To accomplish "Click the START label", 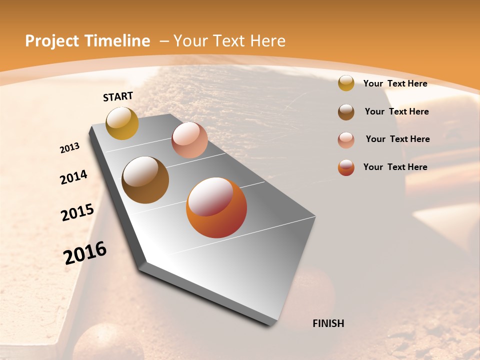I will (x=118, y=96).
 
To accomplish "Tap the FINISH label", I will (x=328, y=323).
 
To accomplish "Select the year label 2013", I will (x=70, y=148).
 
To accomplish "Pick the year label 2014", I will (x=74, y=177).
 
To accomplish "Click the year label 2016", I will (x=85, y=253).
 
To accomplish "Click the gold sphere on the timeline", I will (x=122, y=123).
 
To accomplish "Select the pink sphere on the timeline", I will (x=189, y=140).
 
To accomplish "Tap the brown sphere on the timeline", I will (x=145, y=180).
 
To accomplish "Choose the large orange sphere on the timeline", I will (x=216, y=207).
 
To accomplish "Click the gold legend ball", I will (x=346, y=83).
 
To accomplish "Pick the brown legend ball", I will (x=346, y=111).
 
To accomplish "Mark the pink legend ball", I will (x=346, y=139).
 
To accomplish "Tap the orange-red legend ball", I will (x=346, y=167).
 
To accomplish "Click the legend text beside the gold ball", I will (x=395, y=83).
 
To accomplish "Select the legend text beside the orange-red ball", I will (x=395, y=167).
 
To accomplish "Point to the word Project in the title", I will (x=52, y=41).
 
